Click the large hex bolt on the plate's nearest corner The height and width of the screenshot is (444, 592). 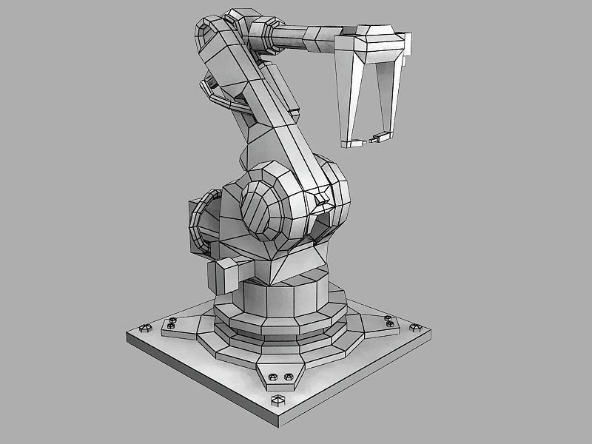279,400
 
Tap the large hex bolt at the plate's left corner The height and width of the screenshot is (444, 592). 143,326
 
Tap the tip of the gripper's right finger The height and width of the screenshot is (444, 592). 383,135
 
